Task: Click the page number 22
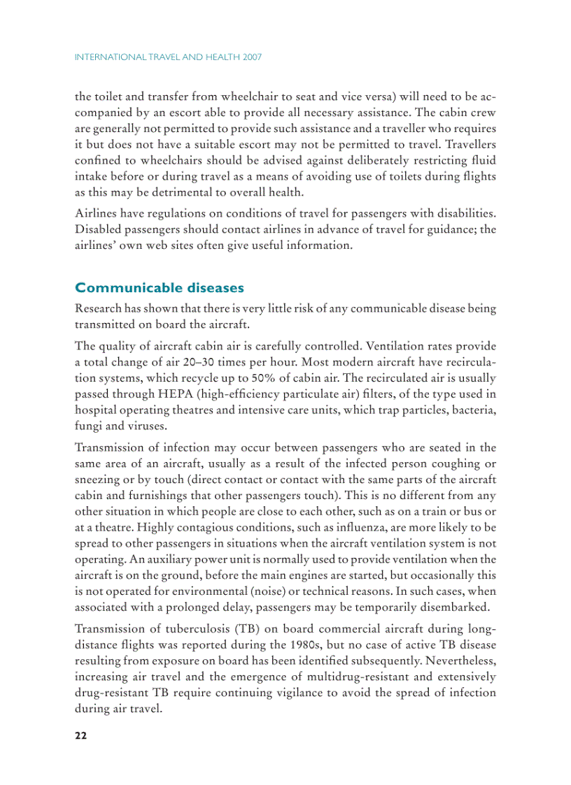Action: coord(80,736)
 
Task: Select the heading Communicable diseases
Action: coord(160,288)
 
